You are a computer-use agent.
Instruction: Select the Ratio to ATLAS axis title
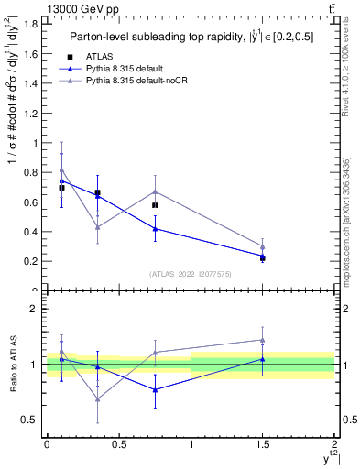click(x=12, y=364)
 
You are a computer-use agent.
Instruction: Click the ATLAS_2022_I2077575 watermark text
click(x=190, y=274)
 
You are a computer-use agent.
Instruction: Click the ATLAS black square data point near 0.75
click(x=155, y=205)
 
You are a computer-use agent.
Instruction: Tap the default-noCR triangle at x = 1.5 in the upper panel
click(x=263, y=246)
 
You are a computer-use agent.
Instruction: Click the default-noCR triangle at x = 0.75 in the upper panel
click(x=155, y=191)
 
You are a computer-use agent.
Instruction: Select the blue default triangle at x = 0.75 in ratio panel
click(x=155, y=389)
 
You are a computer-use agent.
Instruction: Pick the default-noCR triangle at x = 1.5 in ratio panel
click(x=263, y=340)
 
